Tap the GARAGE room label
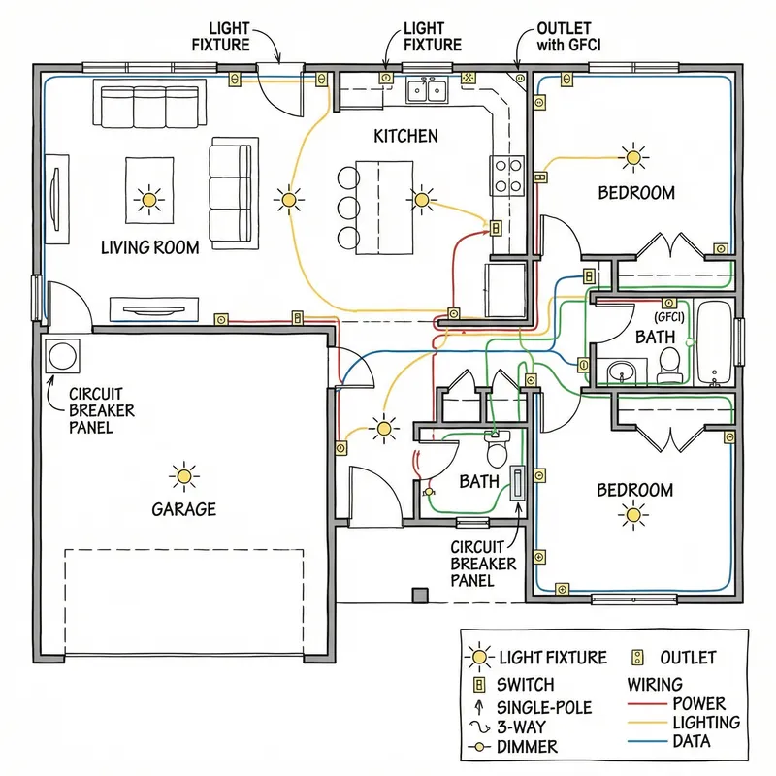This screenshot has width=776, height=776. (183, 509)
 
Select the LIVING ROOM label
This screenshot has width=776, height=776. (150, 247)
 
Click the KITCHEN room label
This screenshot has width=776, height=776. (405, 137)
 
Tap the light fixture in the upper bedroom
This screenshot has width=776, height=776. (633, 155)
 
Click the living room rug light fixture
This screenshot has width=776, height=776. (148, 199)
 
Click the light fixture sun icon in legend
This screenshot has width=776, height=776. (479, 659)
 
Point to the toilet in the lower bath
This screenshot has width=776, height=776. (496, 452)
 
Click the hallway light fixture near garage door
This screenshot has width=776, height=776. (385, 427)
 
